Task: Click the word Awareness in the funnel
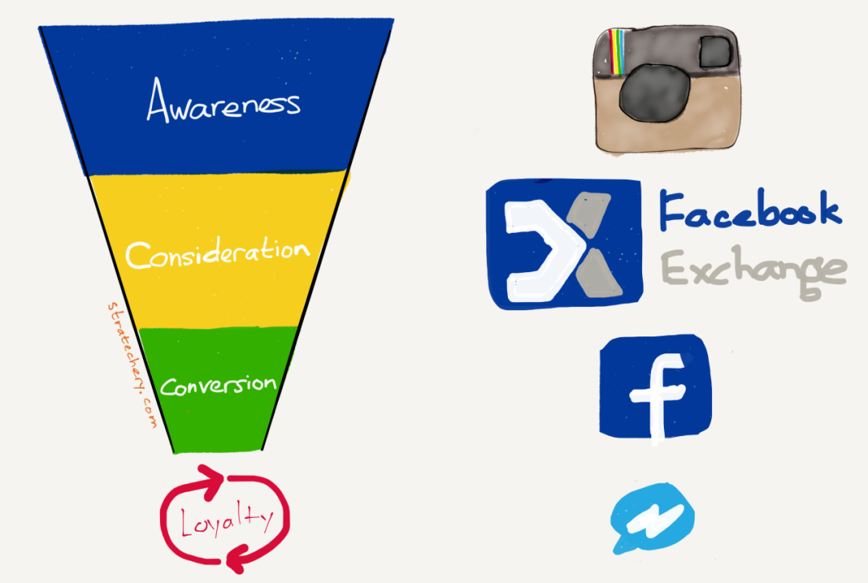pyautogui.click(x=223, y=101)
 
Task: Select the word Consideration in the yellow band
pyautogui.click(x=218, y=253)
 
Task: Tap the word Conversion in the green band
pyautogui.click(x=218, y=385)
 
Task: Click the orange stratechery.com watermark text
pyautogui.click(x=132, y=365)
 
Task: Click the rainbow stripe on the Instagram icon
pyautogui.click(x=616, y=51)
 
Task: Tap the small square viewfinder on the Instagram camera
pyautogui.click(x=715, y=52)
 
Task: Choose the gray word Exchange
pyautogui.click(x=754, y=272)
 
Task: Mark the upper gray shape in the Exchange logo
pyautogui.click(x=589, y=214)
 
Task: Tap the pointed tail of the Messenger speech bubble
pyautogui.click(x=620, y=548)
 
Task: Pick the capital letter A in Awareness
pyautogui.click(x=158, y=100)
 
